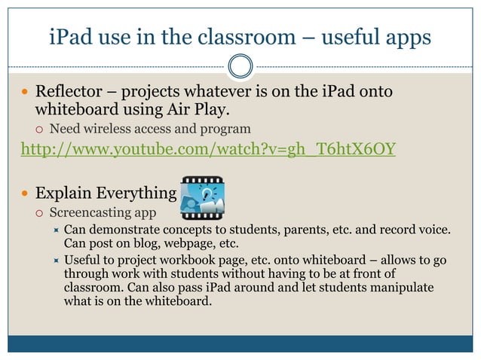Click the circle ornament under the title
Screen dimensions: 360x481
[x=240, y=67]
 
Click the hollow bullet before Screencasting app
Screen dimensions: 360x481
[x=39, y=212]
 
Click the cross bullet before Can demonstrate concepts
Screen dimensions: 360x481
[x=54, y=229]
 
